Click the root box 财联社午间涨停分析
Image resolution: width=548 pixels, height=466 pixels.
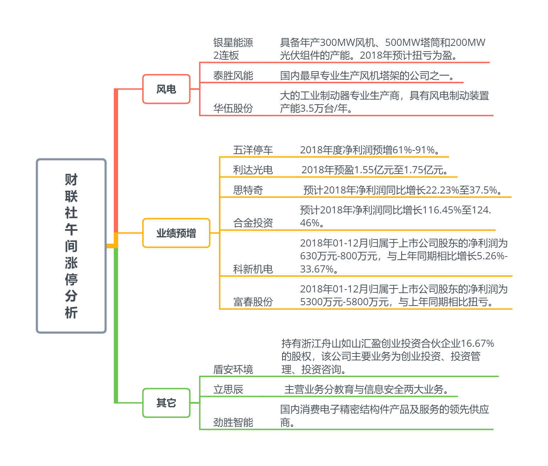point(71,246)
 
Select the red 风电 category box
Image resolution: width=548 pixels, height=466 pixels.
point(166,89)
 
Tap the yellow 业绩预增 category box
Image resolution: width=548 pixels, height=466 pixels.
point(176,233)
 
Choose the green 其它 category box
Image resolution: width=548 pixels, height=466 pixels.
point(166,403)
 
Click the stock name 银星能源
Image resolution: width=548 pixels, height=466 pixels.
point(233,43)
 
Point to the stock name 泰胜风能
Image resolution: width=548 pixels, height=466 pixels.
point(233,75)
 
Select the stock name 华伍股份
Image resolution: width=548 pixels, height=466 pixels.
point(233,108)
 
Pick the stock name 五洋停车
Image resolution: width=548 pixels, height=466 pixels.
point(253,150)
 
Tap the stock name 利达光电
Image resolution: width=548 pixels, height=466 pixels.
point(253,170)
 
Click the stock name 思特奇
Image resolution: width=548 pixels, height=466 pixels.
point(248,190)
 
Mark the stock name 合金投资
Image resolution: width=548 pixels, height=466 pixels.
point(253,223)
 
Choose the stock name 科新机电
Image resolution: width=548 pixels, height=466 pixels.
point(253,269)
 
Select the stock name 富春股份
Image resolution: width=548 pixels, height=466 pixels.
point(253,302)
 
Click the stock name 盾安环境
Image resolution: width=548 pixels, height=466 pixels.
point(233,370)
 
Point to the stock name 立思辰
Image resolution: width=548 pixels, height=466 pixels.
point(228,390)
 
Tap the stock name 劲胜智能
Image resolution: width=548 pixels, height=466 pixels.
point(233,423)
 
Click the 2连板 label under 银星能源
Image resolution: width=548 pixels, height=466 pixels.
point(226,55)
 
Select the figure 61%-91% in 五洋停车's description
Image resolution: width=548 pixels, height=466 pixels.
point(414,150)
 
